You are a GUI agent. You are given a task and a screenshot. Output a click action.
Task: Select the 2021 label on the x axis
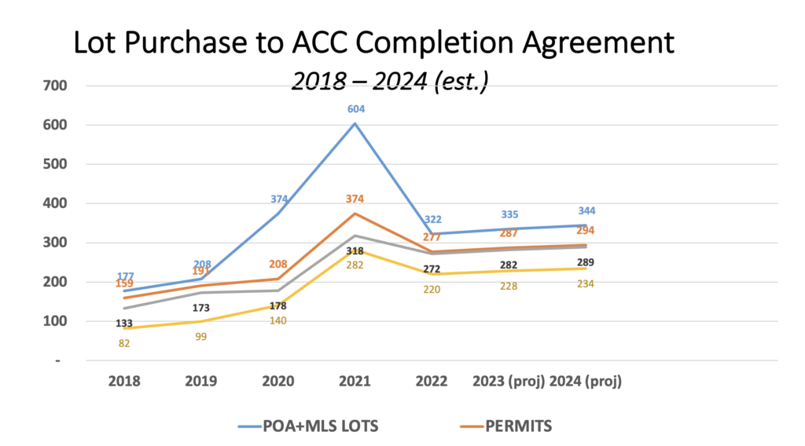(355, 382)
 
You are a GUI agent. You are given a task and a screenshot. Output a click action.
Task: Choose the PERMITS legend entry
(520, 426)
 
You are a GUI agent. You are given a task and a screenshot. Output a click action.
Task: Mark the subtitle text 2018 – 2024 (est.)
(390, 80)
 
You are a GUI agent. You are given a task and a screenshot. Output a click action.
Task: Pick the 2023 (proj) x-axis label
(509, 382)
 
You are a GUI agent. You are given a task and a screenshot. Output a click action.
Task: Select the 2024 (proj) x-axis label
(586, 382)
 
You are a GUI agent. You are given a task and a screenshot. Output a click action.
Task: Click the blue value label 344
(586, 211)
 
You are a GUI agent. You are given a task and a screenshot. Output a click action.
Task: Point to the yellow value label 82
(124, 343)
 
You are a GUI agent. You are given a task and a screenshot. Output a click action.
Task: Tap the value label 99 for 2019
(201, 336)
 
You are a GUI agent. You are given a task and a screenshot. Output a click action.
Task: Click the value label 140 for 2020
(278, 320)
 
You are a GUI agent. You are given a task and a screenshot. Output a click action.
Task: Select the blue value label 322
(432, 220)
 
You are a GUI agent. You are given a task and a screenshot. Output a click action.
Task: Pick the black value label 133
(124, 323)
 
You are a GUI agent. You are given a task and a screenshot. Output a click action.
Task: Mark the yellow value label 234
(586, 283)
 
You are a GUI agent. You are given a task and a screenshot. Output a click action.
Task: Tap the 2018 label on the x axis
(124, 382)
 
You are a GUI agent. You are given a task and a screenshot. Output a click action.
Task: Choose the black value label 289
(586, 262)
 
